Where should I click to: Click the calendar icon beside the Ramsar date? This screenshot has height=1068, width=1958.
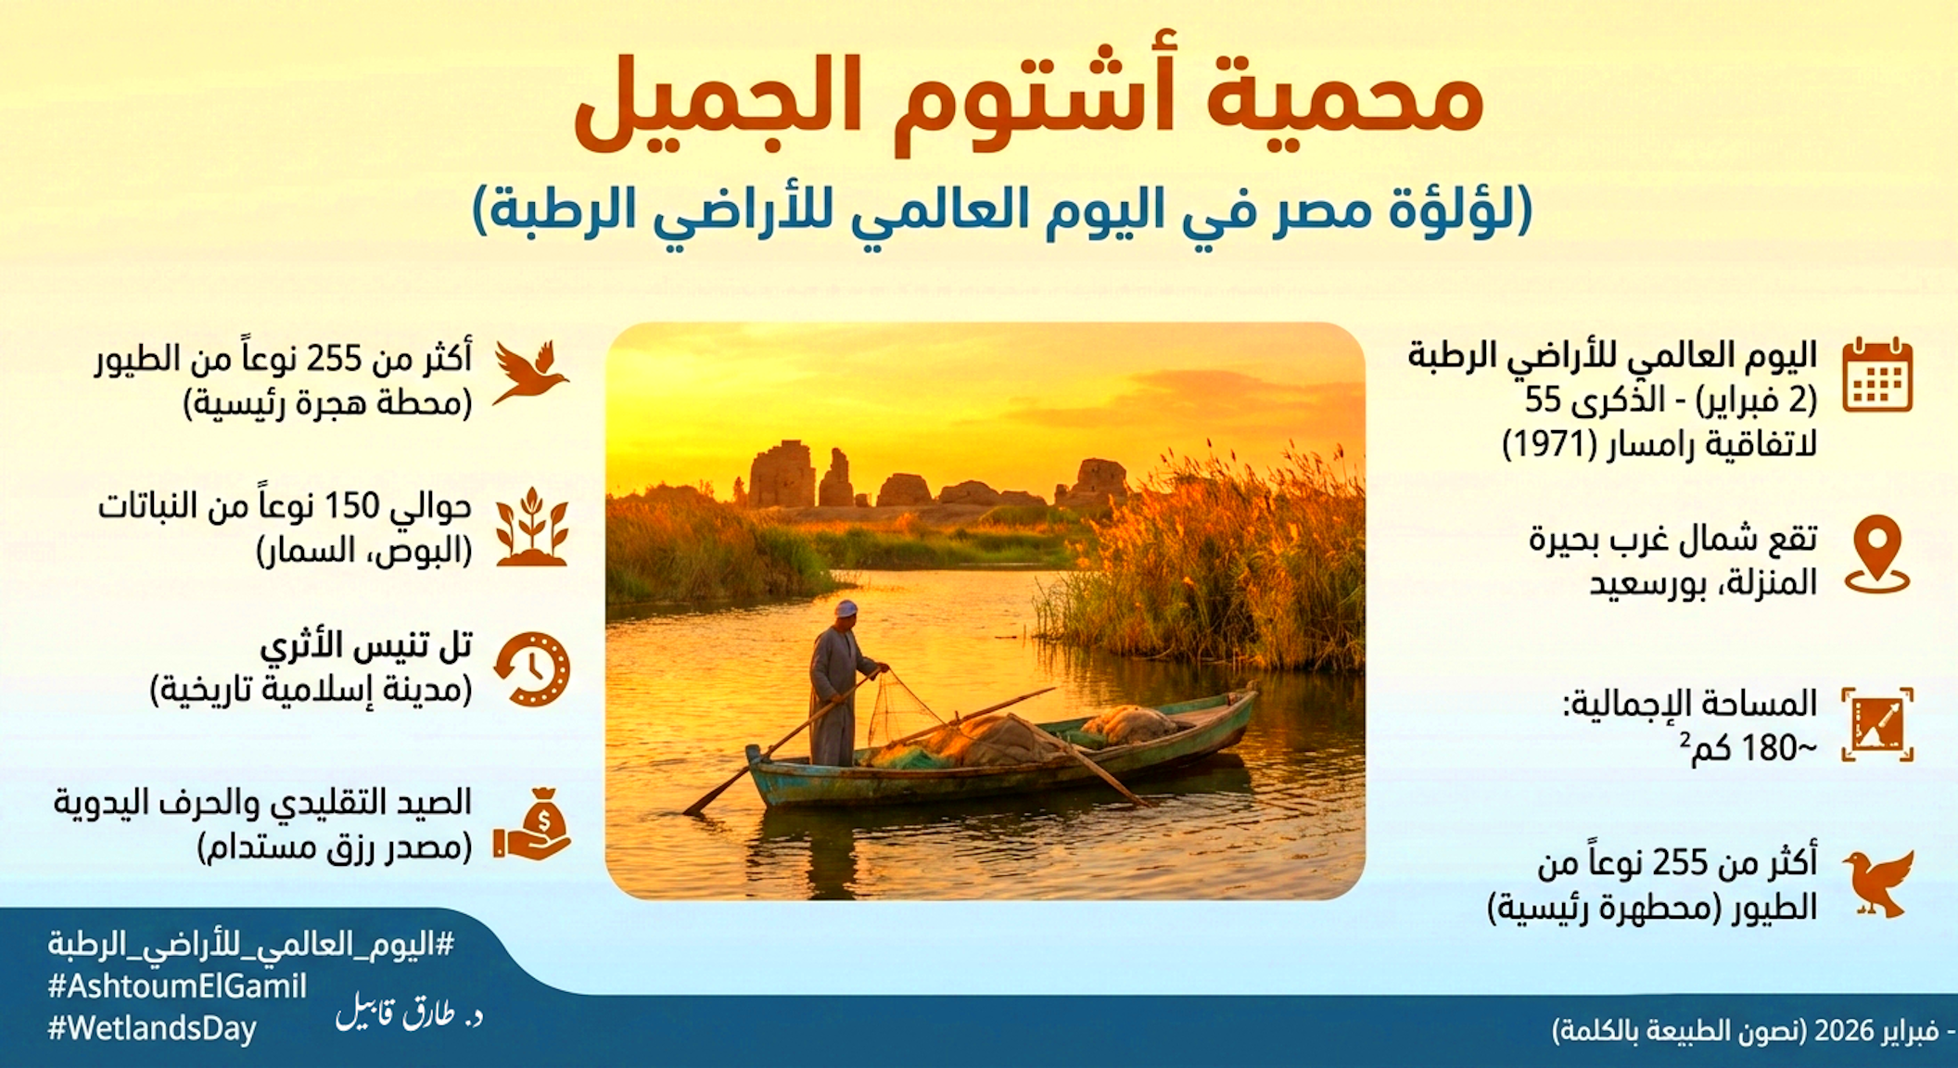click(1877, 375)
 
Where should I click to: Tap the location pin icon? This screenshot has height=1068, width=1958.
click(1877, 553)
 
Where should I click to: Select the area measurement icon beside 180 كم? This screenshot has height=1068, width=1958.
click(1877, 724)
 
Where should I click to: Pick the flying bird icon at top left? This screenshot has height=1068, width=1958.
click(530, 373)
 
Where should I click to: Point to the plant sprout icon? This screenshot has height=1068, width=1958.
click(531, 527)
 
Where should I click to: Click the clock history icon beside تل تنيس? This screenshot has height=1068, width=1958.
click(531, 668)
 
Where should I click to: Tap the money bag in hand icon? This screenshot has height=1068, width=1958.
click(532, 824)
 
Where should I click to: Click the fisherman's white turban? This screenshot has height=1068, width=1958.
click(845, 608)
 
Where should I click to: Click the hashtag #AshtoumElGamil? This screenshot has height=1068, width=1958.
click(177, 986)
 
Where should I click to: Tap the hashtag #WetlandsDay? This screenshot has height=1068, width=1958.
click(152, 1029)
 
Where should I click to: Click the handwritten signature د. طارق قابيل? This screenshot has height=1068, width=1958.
click(409, 1015)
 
